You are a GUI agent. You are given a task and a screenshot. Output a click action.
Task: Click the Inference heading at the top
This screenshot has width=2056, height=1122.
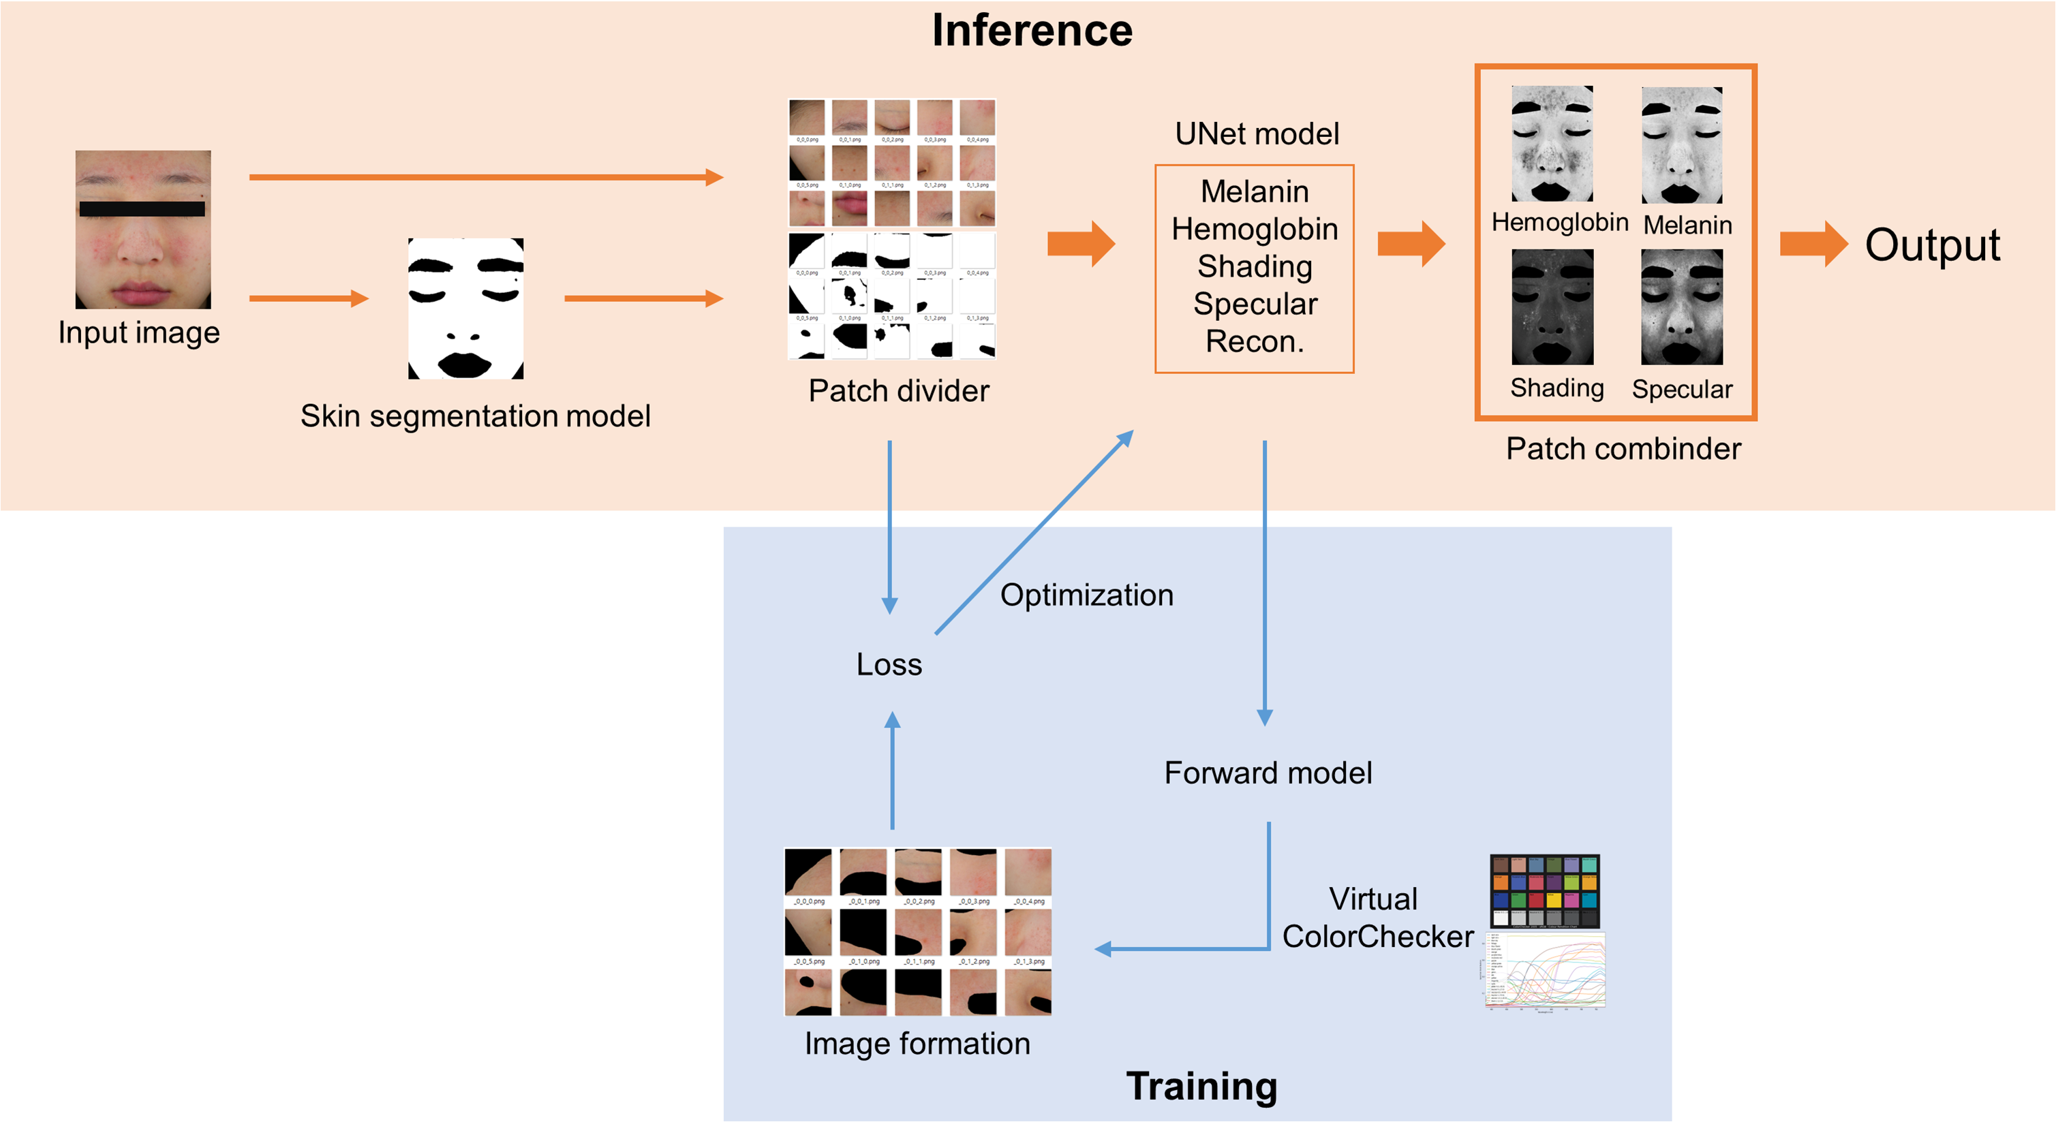point(1031,31)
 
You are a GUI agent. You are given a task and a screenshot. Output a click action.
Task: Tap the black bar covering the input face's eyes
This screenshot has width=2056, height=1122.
point(142,209)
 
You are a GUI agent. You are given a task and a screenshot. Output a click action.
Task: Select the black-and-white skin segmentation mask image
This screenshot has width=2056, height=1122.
point(465,308)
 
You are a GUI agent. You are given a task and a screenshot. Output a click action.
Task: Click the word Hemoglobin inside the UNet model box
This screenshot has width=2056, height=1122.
point(1254,230)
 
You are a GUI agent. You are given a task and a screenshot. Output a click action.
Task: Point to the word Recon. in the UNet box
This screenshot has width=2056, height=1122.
point(1254,341)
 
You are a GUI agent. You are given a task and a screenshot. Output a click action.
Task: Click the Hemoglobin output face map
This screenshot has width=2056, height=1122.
point(1552,144)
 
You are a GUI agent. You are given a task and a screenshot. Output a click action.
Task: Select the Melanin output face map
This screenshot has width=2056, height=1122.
point(1682,145)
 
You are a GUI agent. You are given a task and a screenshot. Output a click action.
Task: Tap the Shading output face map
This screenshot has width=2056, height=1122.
point(1552,307)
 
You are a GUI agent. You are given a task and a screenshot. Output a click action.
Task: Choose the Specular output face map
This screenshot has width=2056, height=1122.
point(1682,307)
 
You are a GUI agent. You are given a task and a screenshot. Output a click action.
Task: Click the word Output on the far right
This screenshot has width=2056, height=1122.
point(1931,245)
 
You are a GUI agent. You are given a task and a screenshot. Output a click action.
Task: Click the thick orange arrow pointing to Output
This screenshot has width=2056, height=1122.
point(1813,243)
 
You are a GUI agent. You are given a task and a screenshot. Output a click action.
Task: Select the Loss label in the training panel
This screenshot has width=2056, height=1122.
point(889,665)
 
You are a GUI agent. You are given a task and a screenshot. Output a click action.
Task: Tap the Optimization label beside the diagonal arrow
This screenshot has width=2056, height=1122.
point(1086,595)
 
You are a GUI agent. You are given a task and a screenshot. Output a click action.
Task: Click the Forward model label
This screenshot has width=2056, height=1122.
point(1268,773)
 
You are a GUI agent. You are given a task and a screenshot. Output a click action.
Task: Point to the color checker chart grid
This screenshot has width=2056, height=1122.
point(1544,890)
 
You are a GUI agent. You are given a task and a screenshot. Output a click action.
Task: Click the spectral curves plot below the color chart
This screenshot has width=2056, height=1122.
point(1544,972)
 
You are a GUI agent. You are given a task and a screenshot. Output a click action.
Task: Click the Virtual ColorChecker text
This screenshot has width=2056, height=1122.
point(1377,918)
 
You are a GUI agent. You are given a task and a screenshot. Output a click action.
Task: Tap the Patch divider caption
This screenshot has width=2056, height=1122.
point(898,391)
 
